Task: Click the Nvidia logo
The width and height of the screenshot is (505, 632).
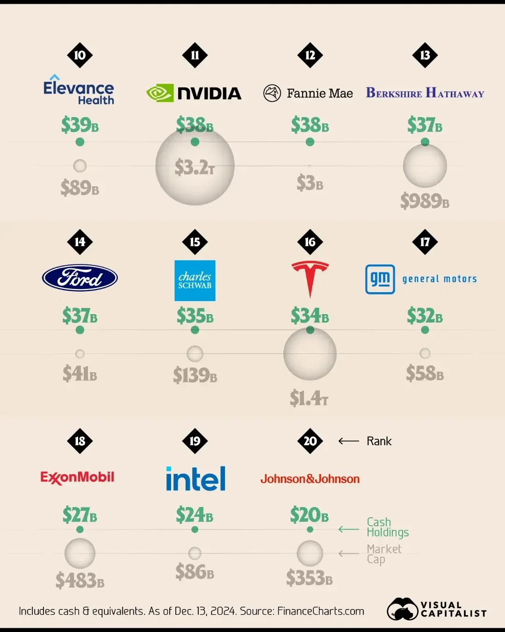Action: pyautogui.click(x=194, y=93)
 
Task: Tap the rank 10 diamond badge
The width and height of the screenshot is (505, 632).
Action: pyautogui.click(x=80, y=55)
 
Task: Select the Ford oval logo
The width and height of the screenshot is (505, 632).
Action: pyautogui.click(x=80, y=278)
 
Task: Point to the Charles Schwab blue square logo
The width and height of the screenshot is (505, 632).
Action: pyautogui.click(x=195, y=280)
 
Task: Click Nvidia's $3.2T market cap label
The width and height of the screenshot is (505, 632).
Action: pyautogui.click(x=195, y=167)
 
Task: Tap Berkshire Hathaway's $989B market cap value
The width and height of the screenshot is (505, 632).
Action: pyautogui.click(x=425, y=201)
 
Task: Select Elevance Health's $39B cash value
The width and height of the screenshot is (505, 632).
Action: pyautogui.click(x=80, y=125)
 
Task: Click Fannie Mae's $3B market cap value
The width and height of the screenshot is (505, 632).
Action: pyautogui.click(x=310, y=183)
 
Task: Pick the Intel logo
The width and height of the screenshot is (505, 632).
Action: pyautogui.click(x=195, y=478)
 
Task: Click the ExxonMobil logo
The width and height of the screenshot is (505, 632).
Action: pyautogui.click(x=78, y=478)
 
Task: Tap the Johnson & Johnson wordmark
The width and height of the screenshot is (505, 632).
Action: pyautogui.click(x=310, y=479)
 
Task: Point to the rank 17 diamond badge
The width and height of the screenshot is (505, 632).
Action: pyautogui.click(x=425, y=242)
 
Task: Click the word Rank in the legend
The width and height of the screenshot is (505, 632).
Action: pyautogui.click(x=379, y=441)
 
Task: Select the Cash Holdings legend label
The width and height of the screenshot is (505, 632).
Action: pyautogui.click(x=388, y=527)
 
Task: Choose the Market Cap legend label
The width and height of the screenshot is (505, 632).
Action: pyautogui.click(x=384, y=554)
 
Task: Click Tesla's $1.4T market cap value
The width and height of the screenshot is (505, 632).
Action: pyautogui.click(x=309, y=398)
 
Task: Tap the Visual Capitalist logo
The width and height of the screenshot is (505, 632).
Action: pyautogui.click(x=437, y=609)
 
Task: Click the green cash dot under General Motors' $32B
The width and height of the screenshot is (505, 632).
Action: pyautogui.click(x=425, y=330)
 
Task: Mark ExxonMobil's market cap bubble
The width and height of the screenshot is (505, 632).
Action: pyautogui.click(x=80, y=553)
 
